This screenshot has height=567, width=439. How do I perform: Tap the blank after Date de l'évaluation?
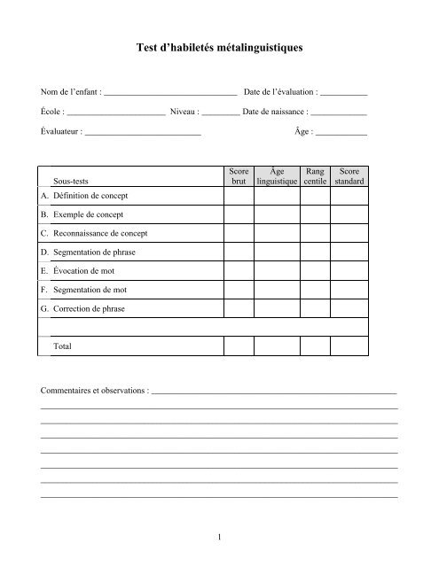[343, 93]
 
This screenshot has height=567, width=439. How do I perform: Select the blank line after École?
[116, 113]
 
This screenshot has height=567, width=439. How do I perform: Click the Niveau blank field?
[214, 113]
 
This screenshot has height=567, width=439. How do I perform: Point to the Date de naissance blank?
[339, 113]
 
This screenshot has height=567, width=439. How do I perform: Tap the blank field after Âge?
[341, 134]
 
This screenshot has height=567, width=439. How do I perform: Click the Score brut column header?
[238, 176]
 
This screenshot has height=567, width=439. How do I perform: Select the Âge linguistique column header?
[277, 176]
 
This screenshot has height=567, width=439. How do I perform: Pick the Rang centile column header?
[315, 176]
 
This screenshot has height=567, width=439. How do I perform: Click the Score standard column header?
[349, 176]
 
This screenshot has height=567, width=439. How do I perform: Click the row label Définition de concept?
[90, 196]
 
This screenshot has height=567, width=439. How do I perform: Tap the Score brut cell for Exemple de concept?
[238, 215]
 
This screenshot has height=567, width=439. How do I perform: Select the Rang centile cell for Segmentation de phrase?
[315, 252]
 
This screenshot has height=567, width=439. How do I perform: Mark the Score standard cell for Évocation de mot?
[349, 271]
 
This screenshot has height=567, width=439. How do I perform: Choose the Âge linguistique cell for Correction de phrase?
[277, 308]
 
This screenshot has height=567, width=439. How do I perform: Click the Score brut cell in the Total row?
[238, 346]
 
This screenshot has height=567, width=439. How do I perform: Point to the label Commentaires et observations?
[94, 391]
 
